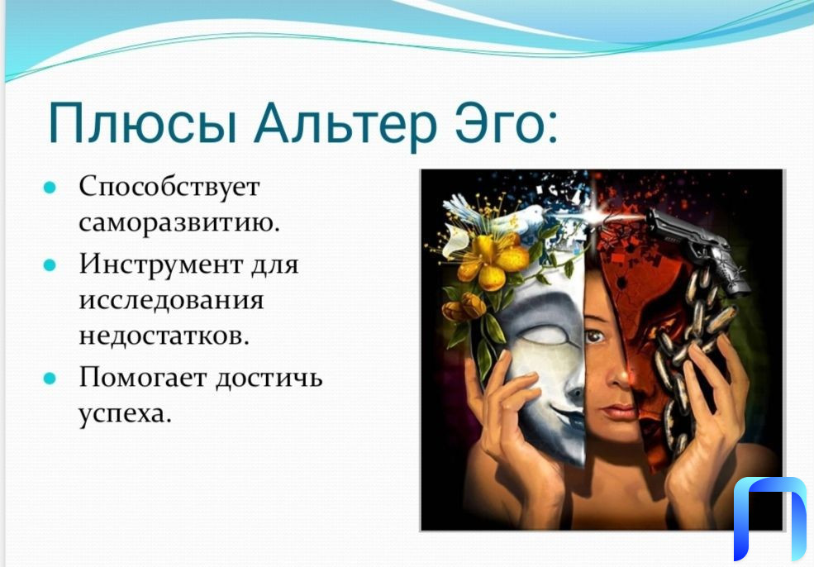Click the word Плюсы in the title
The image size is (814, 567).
point(143,124)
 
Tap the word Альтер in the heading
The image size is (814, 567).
point(345,124)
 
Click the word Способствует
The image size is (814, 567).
point(169,187)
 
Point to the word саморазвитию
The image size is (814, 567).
point(179,223)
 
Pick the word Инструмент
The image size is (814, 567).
point(160,264)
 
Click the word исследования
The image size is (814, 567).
point(171,301)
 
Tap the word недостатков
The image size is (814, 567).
point(164,336)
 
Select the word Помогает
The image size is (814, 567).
point(143,377)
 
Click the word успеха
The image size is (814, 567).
point(125,414)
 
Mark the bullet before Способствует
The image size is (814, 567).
point(50,188)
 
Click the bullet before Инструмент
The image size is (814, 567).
point(50,265)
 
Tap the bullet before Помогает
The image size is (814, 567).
point(50,379)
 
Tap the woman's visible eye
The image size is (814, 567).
point(596,336)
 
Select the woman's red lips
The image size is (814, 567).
point(618,412)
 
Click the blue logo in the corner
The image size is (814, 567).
point(770,517)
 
